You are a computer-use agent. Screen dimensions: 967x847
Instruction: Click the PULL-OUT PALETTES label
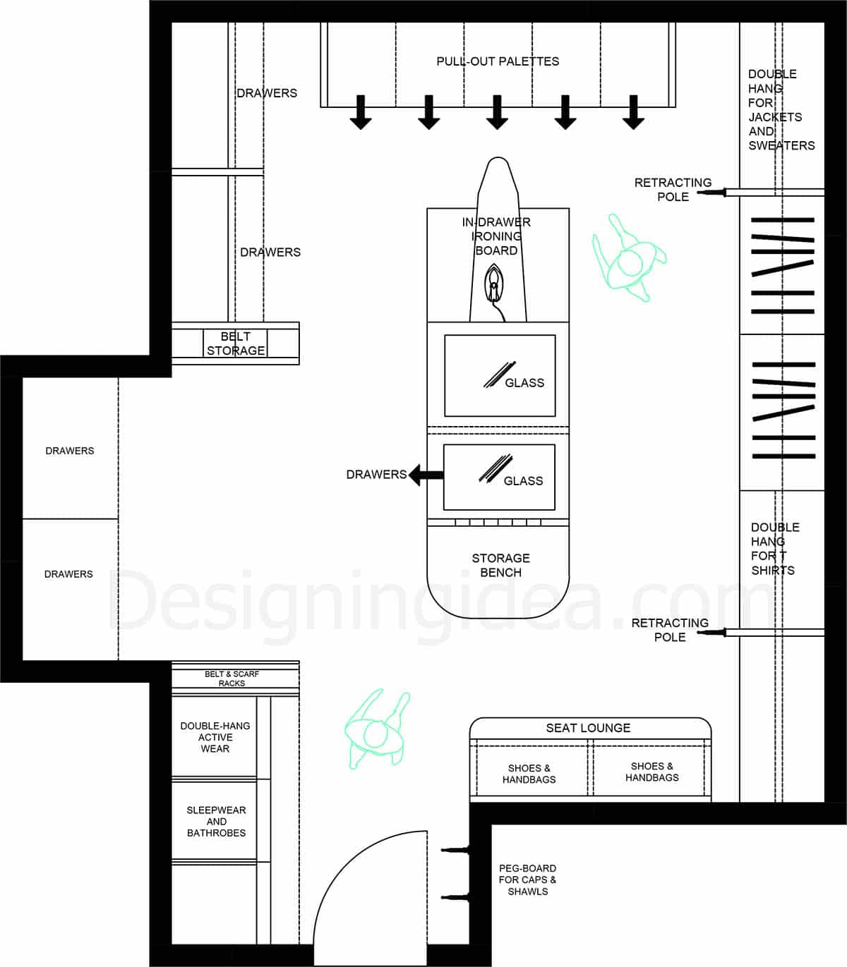point(498,61)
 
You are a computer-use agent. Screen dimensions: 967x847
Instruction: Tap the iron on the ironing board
point(494,284)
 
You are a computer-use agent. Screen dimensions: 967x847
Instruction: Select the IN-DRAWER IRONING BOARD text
point(496,236)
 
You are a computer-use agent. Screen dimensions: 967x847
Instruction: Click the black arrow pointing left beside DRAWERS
point(426,475)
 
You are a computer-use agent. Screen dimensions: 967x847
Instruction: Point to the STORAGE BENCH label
point(500,565)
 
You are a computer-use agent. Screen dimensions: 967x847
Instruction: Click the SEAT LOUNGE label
point(588,728)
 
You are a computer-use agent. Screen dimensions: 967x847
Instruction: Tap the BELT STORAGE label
point(236,343)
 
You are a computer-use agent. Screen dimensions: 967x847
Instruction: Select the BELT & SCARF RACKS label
point(232,679)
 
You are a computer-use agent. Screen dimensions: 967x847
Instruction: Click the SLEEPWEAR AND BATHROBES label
point(216,822)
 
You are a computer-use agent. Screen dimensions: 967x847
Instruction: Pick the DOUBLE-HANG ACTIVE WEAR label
point(215,737)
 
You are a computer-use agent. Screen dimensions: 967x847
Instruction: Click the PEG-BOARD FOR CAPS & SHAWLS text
point(527,880)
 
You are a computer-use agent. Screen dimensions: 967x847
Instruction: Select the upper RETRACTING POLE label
point(673,190)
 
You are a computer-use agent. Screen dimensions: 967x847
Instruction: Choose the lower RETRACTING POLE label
point(670,630)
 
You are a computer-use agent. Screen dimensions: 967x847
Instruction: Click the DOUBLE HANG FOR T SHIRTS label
point(774,549)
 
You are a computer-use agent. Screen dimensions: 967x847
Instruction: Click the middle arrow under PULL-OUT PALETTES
point(497,112)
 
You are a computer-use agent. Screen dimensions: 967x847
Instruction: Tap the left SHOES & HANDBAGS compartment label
point(529,774)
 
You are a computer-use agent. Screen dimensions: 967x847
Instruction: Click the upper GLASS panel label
point(524,383)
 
